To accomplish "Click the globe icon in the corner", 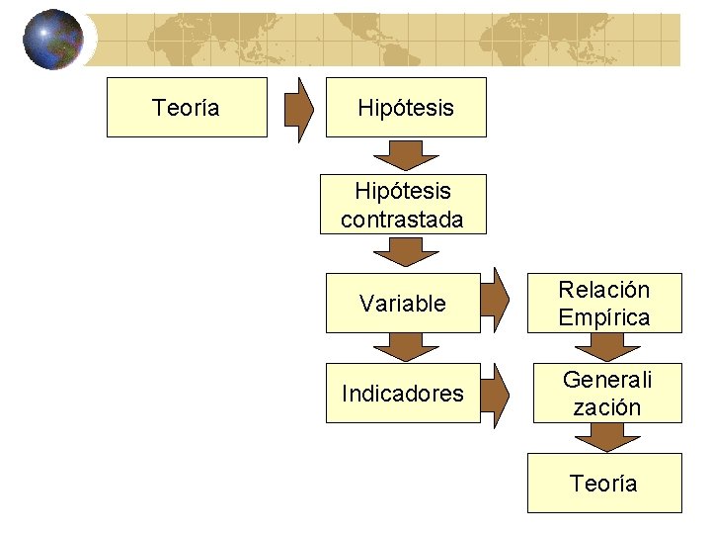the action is pyautogui.click(x=53, y=39).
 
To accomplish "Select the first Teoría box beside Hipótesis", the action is pyautogui.click(x=187, y=107).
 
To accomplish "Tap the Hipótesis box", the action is pyautogui.click(x=406, y=107).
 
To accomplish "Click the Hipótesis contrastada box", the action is pyautogui.click(x=403, y=205).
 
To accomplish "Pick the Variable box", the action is pyautogui.click(x=403, y=304).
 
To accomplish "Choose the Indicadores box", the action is pyautogui.click(x=403, y=393).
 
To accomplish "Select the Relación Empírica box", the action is pyautogui.click(x=604, y=303).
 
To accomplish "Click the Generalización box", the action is pyautogui.click(x=607, y=393).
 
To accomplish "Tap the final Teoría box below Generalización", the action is pyautogui.click(x=603, y=483).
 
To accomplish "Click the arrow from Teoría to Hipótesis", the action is pyautogui.click(x=299, y=107).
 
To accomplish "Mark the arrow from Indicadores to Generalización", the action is pyautogui.click(x=500, y=392).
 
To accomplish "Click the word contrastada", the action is pyautogui.click(x=402, y=220).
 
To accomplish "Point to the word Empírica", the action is pyautogui.click(x=604, y=317).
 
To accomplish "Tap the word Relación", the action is pyautogui.click(x=604, y=290).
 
